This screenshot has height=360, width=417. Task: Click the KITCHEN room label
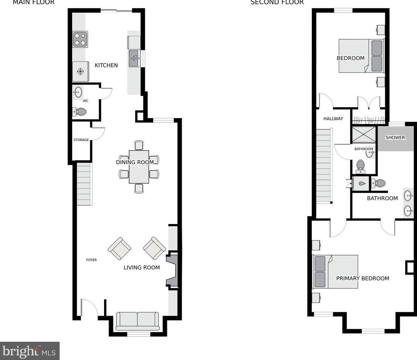coord(106,65)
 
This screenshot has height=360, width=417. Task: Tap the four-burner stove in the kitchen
coord(80,39)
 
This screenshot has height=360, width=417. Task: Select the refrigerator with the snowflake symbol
coord(81,71)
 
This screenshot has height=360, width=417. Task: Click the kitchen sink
coord(134,58)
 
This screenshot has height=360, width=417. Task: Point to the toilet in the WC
coord(80,112)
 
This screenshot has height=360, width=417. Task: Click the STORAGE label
coord(81,140)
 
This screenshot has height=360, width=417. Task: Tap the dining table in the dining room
coord(139,167)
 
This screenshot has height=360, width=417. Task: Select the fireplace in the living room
coord(172,270)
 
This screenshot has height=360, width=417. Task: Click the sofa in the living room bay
coord(138,321)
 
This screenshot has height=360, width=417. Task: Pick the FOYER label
coord(92,260)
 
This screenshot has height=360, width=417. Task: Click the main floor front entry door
coord(89,309)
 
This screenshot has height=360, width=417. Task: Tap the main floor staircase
coord(84,184)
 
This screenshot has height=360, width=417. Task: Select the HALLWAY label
coord(333,119)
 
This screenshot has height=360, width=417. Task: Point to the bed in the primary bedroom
coord(335,272)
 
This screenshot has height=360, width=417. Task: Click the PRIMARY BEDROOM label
coord(362,278)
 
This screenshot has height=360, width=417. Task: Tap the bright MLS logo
coord(30,351)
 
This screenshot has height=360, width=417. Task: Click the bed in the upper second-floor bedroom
coord(361,56)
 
